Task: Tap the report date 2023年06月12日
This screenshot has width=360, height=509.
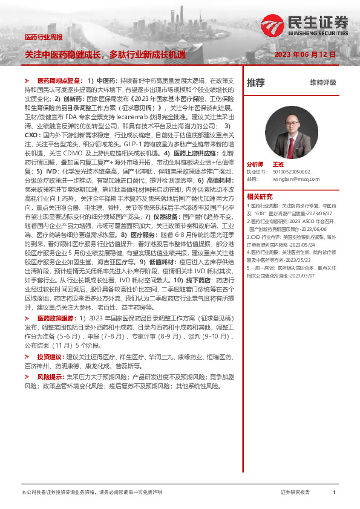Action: point(305,54)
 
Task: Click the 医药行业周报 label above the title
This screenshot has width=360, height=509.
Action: point(43,37)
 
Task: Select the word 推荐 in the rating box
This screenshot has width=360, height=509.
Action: point(255,83)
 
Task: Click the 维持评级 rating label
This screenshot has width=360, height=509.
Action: point(322,83)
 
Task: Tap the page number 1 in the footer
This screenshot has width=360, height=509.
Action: point(334,493)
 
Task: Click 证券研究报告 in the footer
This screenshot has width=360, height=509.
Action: point(295,493)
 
